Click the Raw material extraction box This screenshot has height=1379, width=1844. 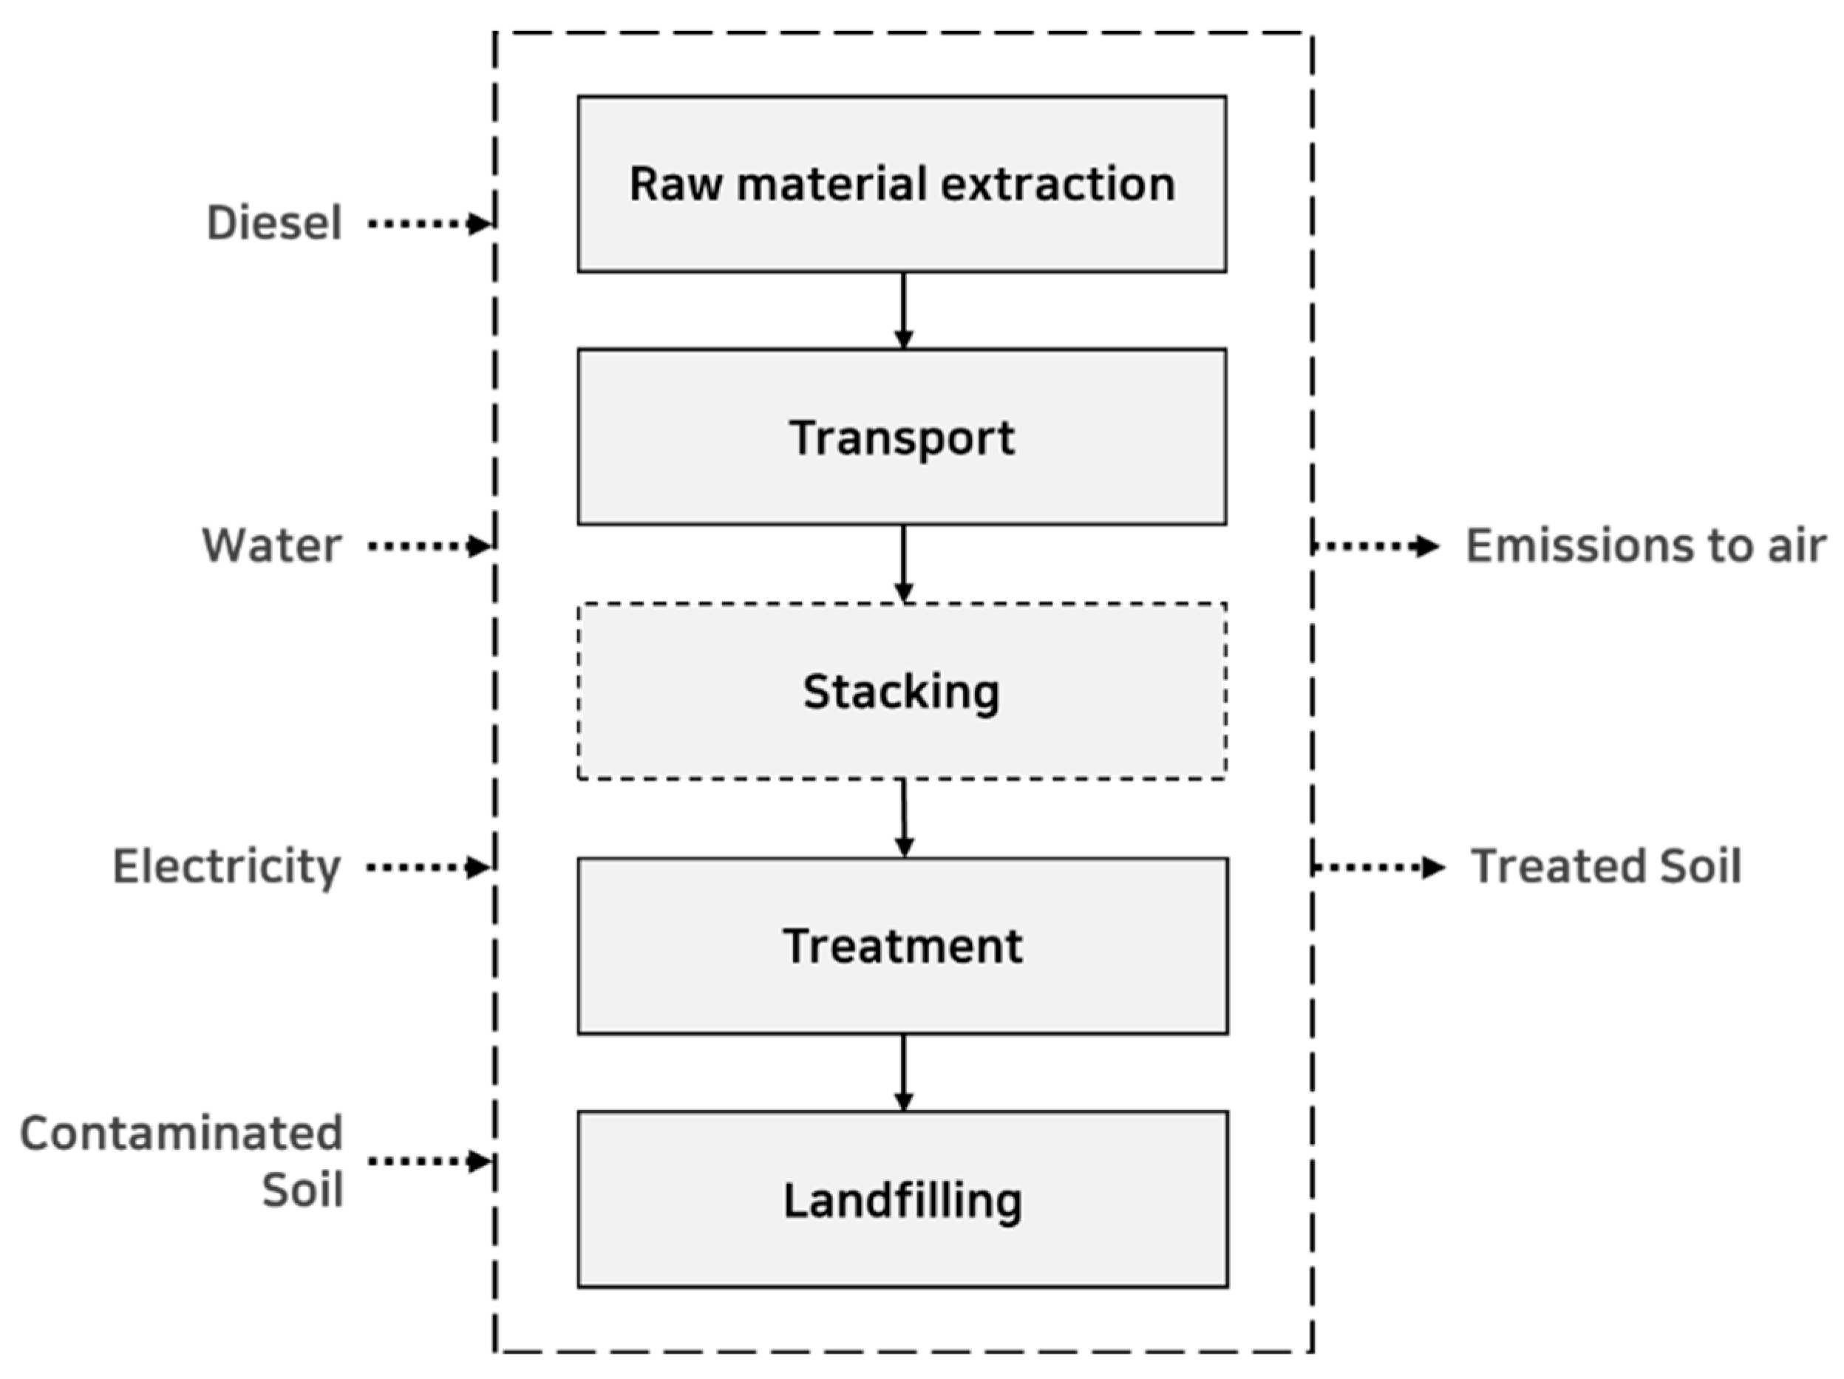(x=901, y=184)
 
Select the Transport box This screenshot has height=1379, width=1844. (x=901, y=437)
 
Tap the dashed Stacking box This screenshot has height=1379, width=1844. (x=901, y=691)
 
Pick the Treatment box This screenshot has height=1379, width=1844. (x=901, y=945)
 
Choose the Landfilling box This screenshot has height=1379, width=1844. (x=901, y=1199)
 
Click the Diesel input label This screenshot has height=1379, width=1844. (x=274, y=223)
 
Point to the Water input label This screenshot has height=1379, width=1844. (x=272, y=546)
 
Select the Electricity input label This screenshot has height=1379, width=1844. (x=227, y=867)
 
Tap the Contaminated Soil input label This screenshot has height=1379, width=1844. (x=182, y=1160)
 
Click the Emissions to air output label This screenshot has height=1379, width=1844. (x=1646, y=546)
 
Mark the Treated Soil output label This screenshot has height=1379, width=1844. (x=1605, y=867)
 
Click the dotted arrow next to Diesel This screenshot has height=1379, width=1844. (x=429, y=223)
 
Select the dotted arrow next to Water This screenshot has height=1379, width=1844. (x=429, y=546)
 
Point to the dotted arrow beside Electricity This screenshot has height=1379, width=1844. (x=428, y=867)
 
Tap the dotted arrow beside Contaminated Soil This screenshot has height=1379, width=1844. (x=429, y=1160)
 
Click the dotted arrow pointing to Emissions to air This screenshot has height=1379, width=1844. (x=1375, y=546)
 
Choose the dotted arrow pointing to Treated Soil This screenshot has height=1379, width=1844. (x=1378, y=867)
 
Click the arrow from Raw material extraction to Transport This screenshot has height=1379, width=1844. (x=903, y=310)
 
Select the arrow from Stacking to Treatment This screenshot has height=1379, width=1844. (x=904, y=818)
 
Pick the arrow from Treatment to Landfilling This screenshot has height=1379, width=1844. (x=903, y=1072)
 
